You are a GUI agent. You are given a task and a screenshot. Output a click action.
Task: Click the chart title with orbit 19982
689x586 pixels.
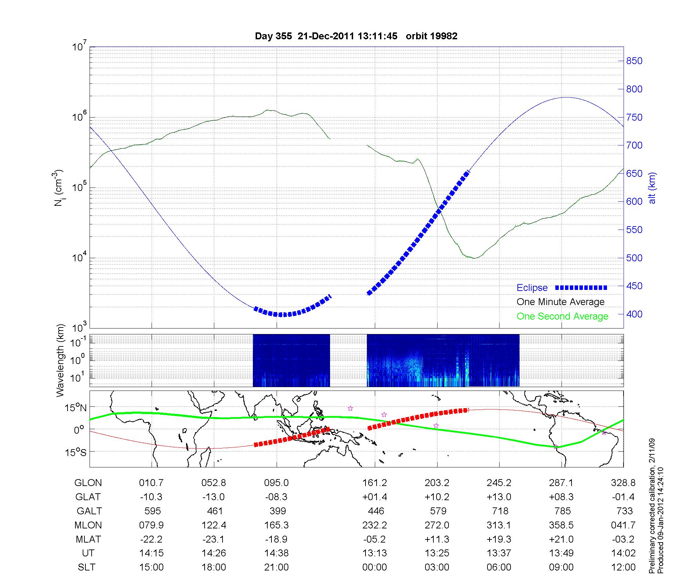click(x=356, y=36)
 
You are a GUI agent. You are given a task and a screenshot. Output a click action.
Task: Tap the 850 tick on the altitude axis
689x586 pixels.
click(x=634, y=61)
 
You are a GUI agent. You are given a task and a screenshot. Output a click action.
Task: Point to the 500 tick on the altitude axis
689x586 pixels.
click(x=634, y=258)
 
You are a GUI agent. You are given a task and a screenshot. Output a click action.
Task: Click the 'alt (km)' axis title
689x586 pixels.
click(x=652, y=188)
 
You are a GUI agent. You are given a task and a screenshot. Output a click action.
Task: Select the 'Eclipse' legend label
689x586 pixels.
click(x=532, y=288)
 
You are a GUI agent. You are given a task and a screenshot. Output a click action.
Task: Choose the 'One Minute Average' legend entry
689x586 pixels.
click(x=561, y=302)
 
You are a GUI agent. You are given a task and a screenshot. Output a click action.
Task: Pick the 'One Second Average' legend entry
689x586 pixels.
click(x=562, y=316)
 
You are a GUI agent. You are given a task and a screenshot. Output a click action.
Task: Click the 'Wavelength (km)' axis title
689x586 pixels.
click(x=61, y=360)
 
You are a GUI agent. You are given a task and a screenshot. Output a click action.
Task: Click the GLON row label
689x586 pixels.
click(x=88, y=483)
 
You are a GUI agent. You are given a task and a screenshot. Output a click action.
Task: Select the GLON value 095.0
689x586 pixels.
click(x=276, y=483)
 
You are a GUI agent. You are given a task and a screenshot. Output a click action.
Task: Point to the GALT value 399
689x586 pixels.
click(x=278, y=511)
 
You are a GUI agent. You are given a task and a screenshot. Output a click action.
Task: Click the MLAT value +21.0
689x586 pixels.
click(x=561, y=539)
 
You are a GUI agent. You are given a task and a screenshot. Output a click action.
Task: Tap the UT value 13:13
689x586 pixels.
click(x=374, y=553)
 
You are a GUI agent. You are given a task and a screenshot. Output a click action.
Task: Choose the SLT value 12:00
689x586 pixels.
click(x=623, y=567)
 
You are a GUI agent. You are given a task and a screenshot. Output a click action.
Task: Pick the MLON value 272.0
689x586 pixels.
click(x=437, y=525)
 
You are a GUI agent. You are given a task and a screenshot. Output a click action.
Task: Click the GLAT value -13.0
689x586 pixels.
click(x=214, y=497)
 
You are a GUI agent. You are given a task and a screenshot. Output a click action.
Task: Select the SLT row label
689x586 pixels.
click(x=86, y=567)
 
